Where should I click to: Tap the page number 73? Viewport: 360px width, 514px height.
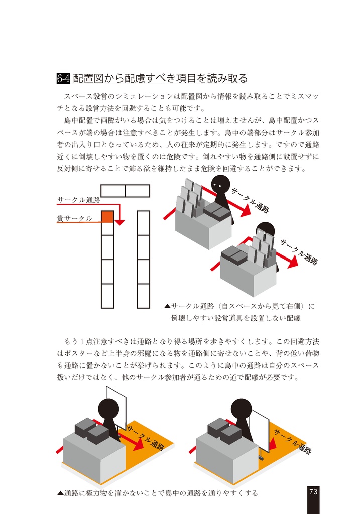pyautogui.click(x=313, y=492)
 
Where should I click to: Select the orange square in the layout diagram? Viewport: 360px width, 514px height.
pyautogui.click(x=107, y=217)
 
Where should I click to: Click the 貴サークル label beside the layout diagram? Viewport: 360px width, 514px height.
pyautogui.click(x=74, y=218)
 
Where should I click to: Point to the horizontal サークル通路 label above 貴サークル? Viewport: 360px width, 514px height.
pyautogui.click(x=78, y=200)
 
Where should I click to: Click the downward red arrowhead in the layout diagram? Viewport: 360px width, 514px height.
pyautogui.click(x=121, y=222)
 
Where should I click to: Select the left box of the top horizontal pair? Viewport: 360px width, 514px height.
pyautogui.click(x=113, y=191)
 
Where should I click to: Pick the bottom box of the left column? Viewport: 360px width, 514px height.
pyautogui.click(x=107, y=296)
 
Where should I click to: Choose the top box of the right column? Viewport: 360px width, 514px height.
pyautogui.click(x=143, y=222)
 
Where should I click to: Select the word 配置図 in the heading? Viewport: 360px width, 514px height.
pyautogui.click(x=89, y=78)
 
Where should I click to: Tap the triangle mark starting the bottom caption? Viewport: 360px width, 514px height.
pyautogui.click(x=60, y=493)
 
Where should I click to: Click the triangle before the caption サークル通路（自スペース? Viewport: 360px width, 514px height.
pyautogui.click(x=168, y=306)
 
